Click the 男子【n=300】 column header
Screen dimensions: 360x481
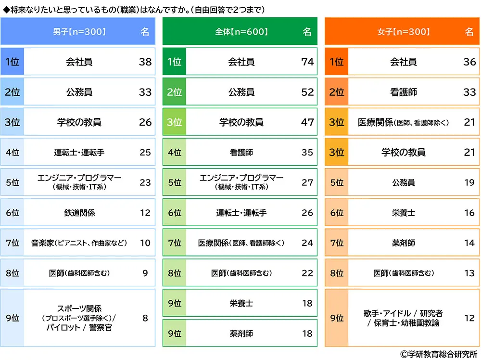coord(79,32)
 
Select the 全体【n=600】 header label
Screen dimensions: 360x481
coord(241,32)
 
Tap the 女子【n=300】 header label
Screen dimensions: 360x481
coord(403,32)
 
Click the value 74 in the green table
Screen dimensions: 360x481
coord(307,62)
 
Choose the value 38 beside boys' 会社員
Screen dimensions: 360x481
coord(145,62)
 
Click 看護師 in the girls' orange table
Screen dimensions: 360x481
coord(404,92)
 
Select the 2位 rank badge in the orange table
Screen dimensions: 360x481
coord(337,92)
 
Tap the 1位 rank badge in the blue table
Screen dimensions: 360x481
coord(12,62)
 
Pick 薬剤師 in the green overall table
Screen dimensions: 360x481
coord(241,334)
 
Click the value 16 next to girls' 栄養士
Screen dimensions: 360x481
coord(469,213)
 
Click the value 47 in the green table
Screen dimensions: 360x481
coord(307,122)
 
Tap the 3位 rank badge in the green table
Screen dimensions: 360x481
coord(174,122)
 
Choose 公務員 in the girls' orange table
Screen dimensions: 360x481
coord(404,183)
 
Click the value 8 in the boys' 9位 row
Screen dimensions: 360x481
coord(145,318)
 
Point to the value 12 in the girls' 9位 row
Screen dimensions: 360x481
coord(469,318)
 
